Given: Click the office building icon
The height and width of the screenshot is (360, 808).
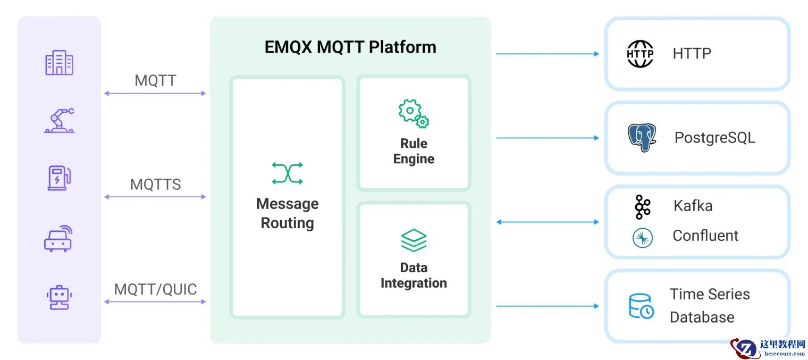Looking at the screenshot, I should pyautogui.click(x=59, y=63).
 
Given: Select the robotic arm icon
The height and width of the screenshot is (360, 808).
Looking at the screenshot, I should pyautogui.click(x=59, y=120).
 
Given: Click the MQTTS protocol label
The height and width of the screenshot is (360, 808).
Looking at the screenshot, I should pyautogui.click(x=155, y=185).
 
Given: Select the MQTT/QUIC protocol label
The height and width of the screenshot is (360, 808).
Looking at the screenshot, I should pyautogui.click(x=155, y=289).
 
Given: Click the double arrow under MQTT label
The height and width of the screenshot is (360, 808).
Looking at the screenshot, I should pyautogui.click(x=155, y=94).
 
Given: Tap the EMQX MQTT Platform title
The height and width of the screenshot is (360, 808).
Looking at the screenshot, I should pyautogui.click(x=350, y=47).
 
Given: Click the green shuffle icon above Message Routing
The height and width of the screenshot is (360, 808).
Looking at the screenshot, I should pyautogui.click(x=287, y=173).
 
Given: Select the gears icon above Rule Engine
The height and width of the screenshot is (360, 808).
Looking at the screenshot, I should pyautogui.click(x=414, y=113).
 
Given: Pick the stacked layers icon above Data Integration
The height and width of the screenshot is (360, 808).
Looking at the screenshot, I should pyautogui.click(x=414, y=240).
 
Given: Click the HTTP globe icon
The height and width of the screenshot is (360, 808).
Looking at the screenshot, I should pyautogui.click(x=640, y=54).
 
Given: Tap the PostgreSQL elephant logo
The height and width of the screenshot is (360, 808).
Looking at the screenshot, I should pyautogui.click(x=642, y=138).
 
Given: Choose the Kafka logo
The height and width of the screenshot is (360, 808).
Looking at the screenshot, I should pyautogui.click(x=642, y=207).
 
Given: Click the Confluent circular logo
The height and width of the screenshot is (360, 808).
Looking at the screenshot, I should pyautogui.click(x=642, y=238).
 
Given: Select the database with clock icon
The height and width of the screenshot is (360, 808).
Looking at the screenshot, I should pyautogui.click(x=641, y=306).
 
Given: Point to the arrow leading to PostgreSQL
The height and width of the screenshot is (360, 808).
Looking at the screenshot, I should pyautogui.click(x=548, y=138).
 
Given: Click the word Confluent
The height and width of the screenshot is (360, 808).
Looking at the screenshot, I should pyautogui.click(x=705, y=236).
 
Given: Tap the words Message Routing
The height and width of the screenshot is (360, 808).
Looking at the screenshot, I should pyautogui.click(x=287, y=213).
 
